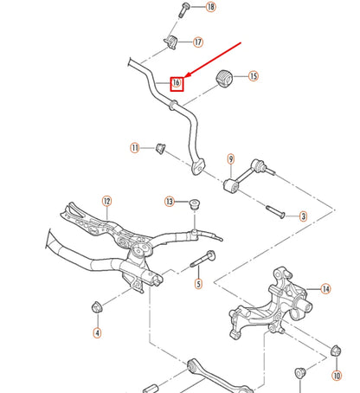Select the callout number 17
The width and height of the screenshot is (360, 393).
pos(198,42)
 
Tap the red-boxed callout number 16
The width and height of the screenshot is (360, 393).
pos(177,83)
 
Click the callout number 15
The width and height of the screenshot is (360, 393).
pos(254,76)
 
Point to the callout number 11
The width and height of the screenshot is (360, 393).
pos(135,148)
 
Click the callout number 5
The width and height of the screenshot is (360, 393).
pos(197,283)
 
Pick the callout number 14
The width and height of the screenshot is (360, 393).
pos(325,288)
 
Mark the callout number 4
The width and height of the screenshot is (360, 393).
pos(97,332)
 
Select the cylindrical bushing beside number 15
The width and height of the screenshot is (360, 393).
pos(227,76)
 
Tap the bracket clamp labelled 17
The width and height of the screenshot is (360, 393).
pos(171,42)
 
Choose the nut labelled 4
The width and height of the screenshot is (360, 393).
pos(97,306)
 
